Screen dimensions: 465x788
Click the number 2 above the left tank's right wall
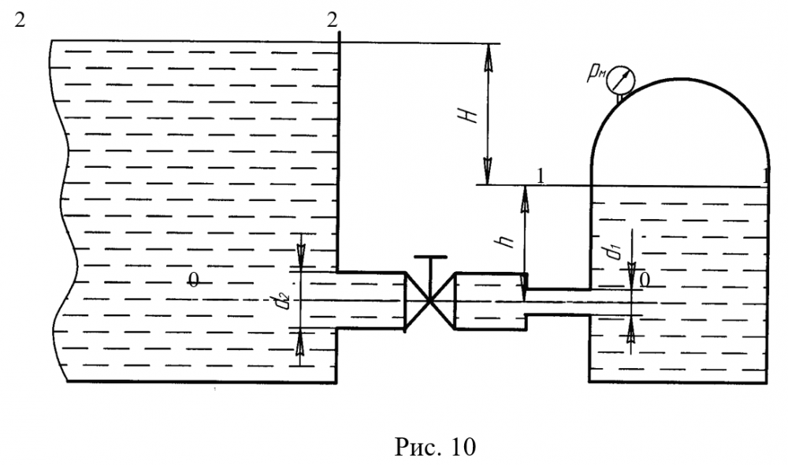[332, 19]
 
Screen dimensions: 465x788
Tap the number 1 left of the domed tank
[541, 175]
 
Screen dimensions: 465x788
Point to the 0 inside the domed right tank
[645, 278]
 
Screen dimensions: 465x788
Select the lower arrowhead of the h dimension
[522, 281]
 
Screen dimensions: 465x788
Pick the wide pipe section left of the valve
[370, 300]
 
